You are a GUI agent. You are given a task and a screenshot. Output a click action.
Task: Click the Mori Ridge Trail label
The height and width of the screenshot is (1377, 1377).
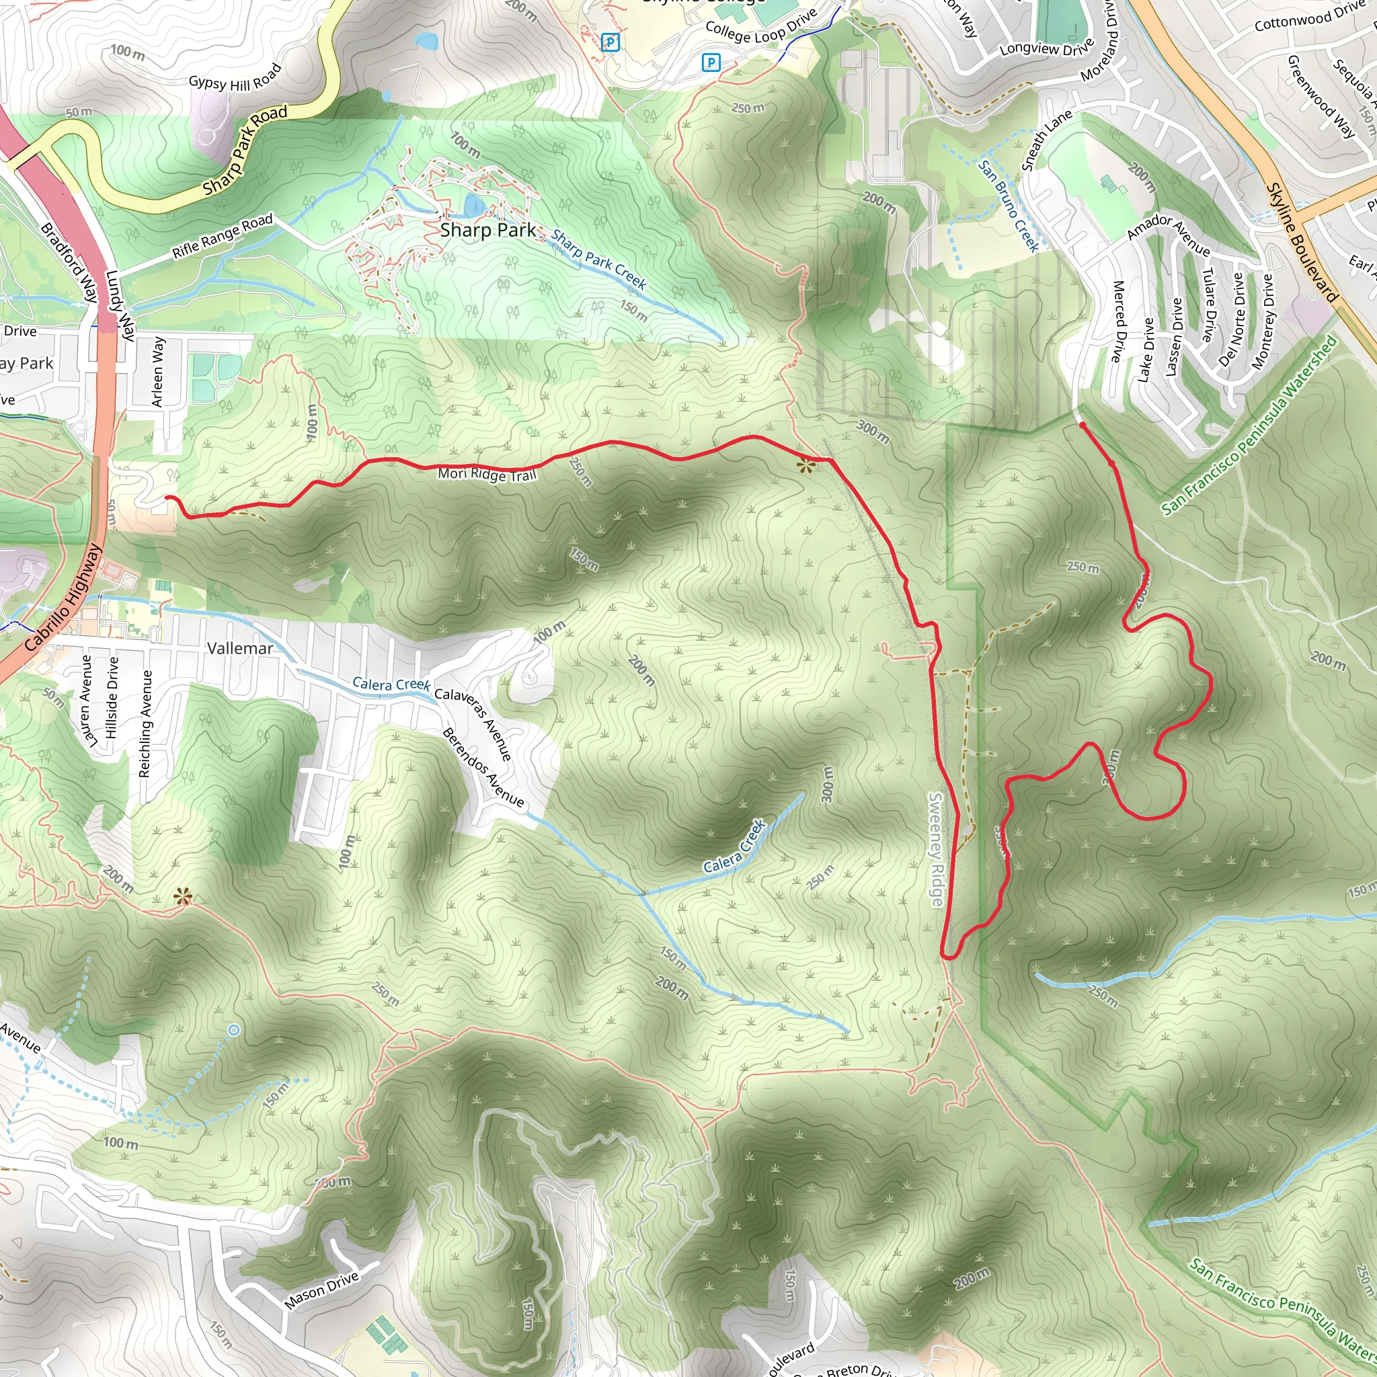point(487,474)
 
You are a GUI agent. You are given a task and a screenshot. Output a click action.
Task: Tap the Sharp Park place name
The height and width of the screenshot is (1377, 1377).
point(488,230)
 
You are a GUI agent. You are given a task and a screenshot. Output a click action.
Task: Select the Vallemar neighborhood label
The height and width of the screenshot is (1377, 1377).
point(239,649)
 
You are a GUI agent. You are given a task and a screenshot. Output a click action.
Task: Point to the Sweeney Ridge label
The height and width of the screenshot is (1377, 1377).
point(936,849)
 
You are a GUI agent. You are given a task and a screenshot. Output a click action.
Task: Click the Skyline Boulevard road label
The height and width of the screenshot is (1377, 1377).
point(1302,242)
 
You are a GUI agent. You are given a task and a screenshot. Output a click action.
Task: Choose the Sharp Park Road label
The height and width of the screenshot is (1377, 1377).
point(245,151)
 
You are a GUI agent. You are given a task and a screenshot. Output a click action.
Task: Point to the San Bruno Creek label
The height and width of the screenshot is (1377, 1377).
point(1009,205)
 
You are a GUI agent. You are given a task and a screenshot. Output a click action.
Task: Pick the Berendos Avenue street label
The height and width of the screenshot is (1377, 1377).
point(483,767)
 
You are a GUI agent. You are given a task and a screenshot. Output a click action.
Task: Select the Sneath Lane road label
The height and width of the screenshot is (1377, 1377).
point(1046,141)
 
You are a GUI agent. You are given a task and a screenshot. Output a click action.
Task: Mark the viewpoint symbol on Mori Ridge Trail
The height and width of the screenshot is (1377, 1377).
point(805,467)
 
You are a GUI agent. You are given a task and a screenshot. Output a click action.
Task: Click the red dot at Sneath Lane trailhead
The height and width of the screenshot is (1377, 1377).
point(1083,426)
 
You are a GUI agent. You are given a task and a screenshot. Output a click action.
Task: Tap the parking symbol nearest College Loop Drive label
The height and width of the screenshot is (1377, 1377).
point(711,63)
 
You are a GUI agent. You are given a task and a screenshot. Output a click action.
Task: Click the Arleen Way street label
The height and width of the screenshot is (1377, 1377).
point(158,372)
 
